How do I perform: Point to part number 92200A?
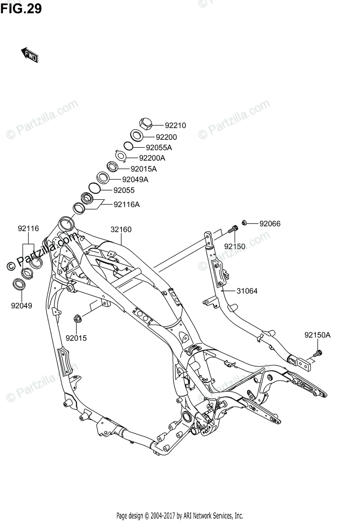pos(153,158)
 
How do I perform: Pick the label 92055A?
pos(159,148)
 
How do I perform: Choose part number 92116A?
pos(127,204)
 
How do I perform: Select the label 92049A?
pos(135,179)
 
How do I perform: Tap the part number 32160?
pos(121,230)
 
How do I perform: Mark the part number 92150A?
pos(317,335)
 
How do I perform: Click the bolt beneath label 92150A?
pos(317,353)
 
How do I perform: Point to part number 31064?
pos(247,291)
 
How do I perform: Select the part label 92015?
pos(76,337)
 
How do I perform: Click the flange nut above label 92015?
pos(78,319)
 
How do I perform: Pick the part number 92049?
pos(22,305)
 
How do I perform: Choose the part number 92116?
pos(28,228)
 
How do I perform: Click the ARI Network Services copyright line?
pos(180,515)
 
